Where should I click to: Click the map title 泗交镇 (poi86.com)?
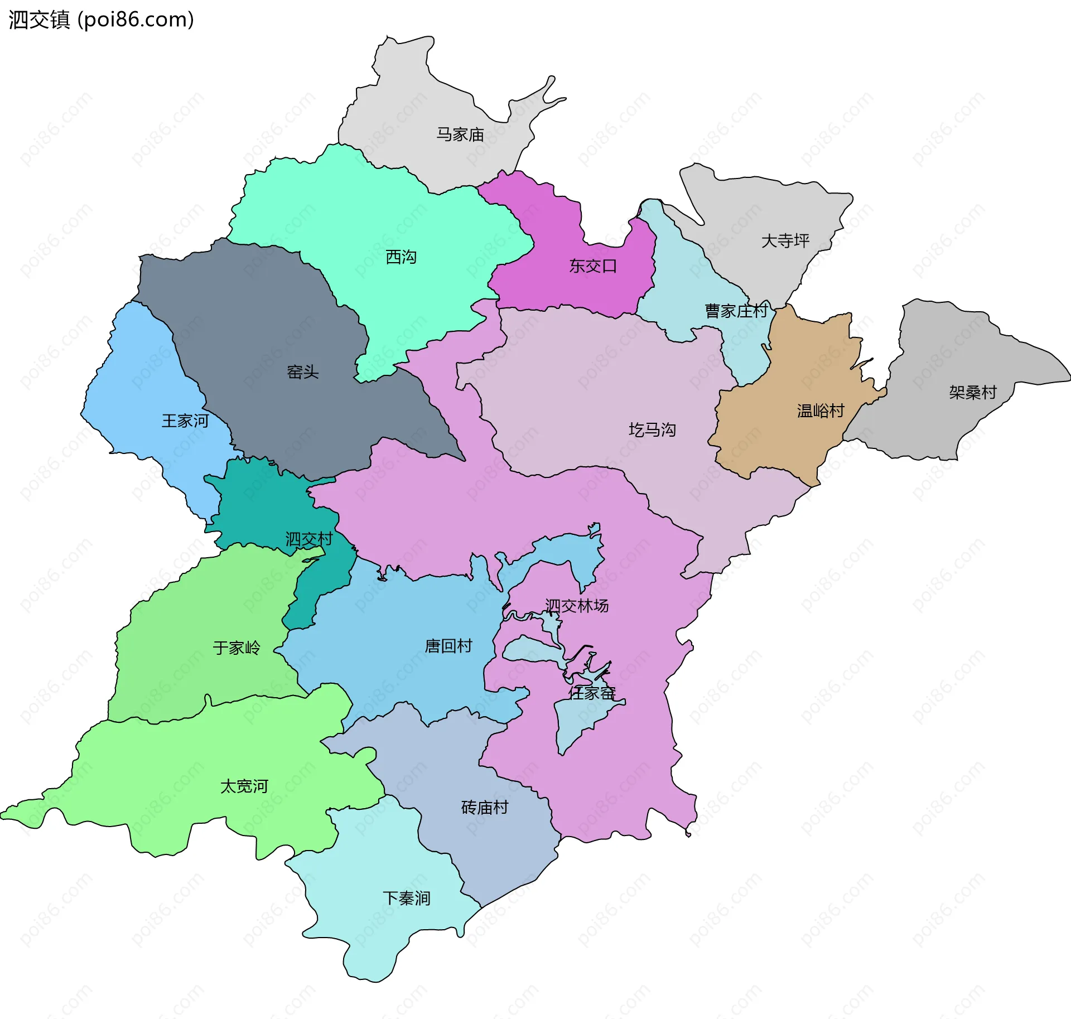tap(101, 20)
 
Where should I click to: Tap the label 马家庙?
tap(460, 134)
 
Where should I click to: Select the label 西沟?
tap(401, 257)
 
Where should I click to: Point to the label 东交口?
tap(592, 266)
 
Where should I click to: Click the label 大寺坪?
tap(785, 241)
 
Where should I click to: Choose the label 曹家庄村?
tap(736, 311)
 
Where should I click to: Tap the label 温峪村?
tap(821, 411)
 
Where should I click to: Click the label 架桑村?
tap(972, 393)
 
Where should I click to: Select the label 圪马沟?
tap(652, 430)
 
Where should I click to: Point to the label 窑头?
tap(302, 372)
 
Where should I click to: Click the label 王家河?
tap(185, 421)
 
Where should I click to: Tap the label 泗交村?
tap(308, 539)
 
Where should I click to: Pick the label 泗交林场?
tap(576, 606)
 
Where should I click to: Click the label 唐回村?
tap(448, 646)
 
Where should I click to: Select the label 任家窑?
tap(591, 693)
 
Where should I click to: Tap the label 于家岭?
tap(237, 648)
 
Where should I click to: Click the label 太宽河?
tap(244, 786)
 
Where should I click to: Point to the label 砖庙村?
tap(484, 808)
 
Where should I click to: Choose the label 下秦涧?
tap(406, 899)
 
